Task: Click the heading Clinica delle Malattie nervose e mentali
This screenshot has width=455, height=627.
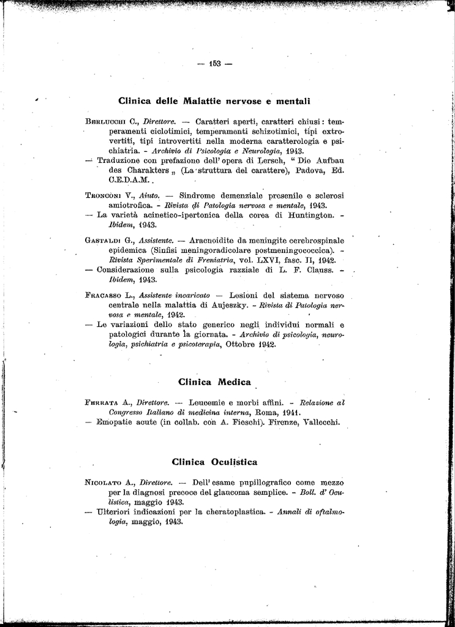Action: pos(214,100)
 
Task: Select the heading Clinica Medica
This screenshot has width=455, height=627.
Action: pos(214,382)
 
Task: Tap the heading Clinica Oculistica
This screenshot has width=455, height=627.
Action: pos(214,462)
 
